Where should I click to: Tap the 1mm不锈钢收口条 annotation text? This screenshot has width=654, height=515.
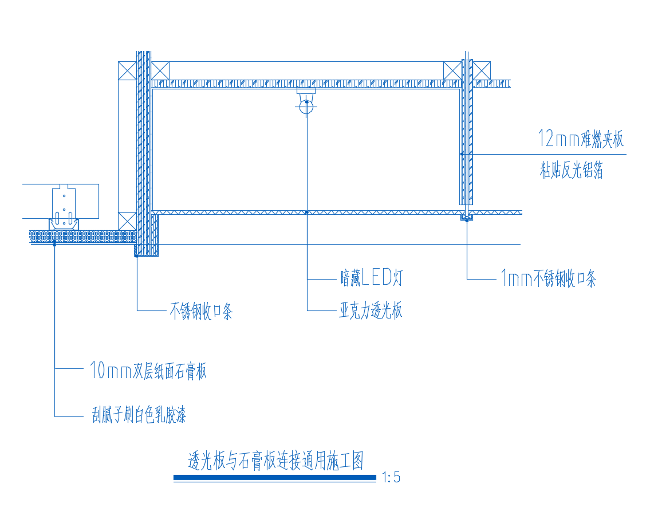(549, 279)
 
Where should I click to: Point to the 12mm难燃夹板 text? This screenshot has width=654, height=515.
(580, 139)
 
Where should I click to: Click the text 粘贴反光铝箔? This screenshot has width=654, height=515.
(571, 170)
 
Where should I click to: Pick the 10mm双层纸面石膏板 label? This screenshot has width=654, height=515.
(148, 371)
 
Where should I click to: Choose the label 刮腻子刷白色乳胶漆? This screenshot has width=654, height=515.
(139, 415)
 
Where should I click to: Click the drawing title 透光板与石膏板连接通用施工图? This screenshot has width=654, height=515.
(276, 461)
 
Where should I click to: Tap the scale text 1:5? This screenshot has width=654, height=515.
(391, 477)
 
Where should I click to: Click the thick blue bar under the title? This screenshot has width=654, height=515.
(275, 477)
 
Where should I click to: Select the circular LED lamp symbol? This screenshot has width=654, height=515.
(306, 107)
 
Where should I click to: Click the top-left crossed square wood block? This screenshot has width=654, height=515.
(127, 70)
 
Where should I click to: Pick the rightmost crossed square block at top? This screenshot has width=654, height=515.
(482, 70)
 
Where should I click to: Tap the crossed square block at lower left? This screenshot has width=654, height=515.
(127, 221)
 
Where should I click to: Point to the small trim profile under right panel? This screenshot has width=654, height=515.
(467, 218)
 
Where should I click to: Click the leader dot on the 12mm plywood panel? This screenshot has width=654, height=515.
(462, 154)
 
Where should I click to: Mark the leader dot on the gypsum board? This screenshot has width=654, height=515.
(54, 243)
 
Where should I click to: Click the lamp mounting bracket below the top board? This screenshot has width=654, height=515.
(306, 92)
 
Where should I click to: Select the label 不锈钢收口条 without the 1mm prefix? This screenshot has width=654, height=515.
(201, 311)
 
